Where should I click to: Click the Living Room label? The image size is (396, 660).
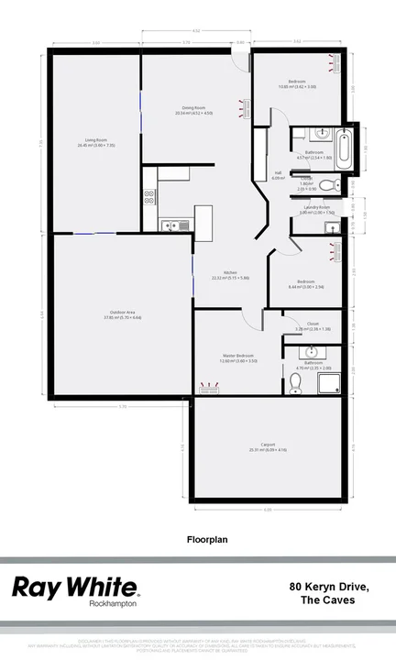click(95, 143)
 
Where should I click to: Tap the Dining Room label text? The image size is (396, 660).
click(195, 111)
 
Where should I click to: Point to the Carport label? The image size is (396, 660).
click(269, 446)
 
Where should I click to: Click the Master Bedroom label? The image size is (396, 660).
click(236, 357)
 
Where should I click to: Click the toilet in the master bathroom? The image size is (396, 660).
click(295, 383)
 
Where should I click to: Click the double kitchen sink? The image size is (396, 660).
click(172, 225)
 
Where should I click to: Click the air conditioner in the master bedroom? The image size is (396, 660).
click(209, 392)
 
